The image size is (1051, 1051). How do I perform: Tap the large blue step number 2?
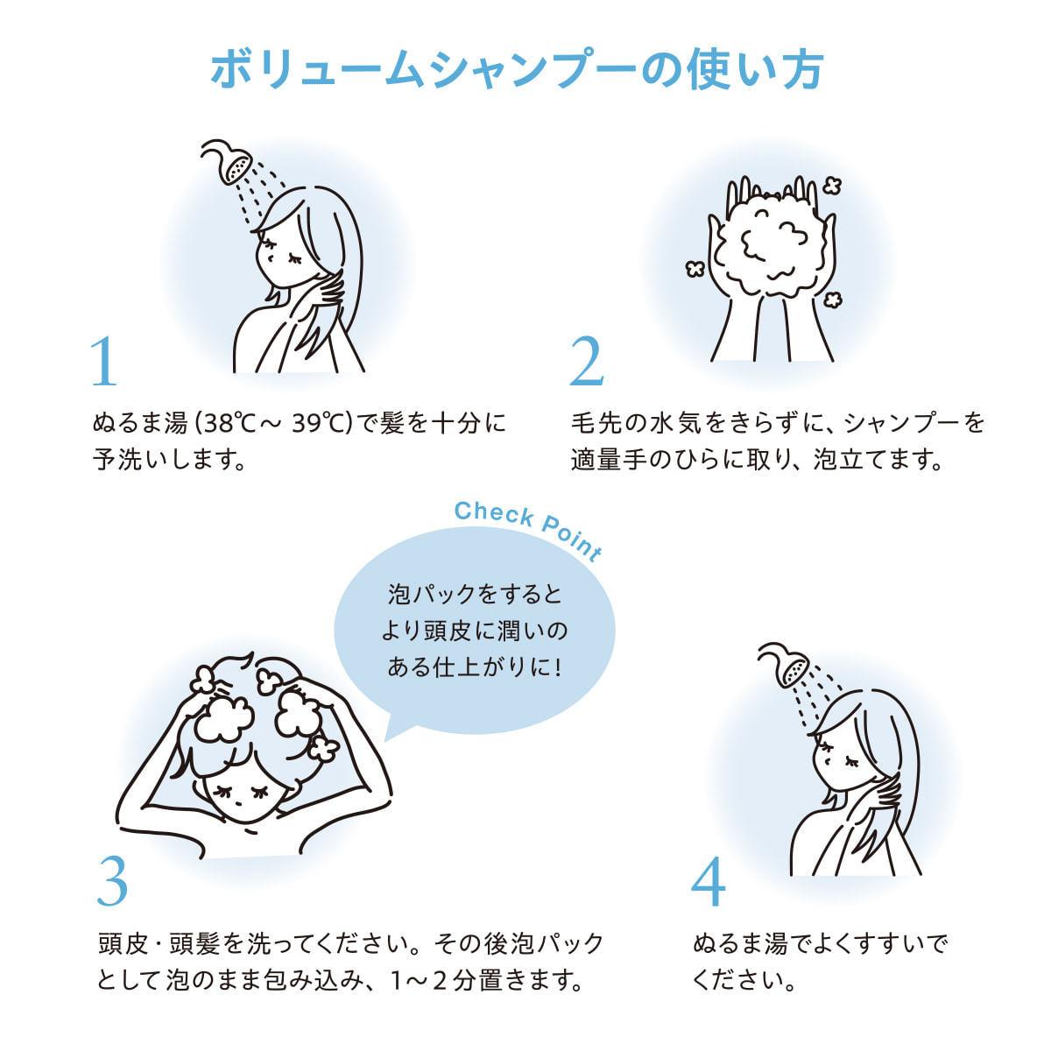[x=587, y=361]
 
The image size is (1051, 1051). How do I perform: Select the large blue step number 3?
[x=112, y=882]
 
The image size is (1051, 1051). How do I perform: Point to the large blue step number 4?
[x=708, y=882]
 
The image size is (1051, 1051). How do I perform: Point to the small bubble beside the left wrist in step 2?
[x=695, y=268]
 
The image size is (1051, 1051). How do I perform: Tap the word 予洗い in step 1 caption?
[x=129, y=459]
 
